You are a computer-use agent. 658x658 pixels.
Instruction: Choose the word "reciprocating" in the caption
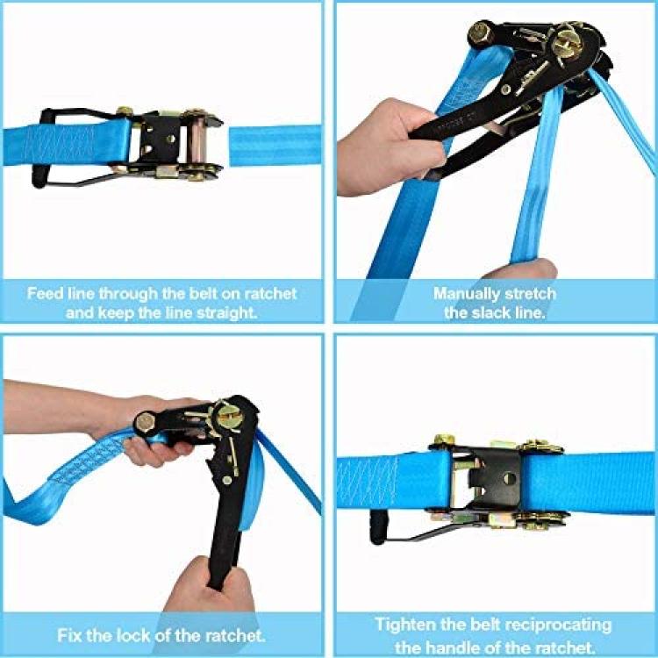click(558, 626)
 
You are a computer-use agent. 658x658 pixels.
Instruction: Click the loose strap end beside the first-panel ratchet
click(275, 146)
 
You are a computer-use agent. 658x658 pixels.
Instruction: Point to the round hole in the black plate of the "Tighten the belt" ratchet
click(509, 478)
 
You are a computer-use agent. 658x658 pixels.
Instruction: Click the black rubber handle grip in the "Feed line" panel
click(39, 147)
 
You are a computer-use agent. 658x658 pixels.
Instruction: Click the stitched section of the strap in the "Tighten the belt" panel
click(368, 482)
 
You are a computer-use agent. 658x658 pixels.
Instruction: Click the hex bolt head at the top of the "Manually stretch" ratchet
click(481, 32)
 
